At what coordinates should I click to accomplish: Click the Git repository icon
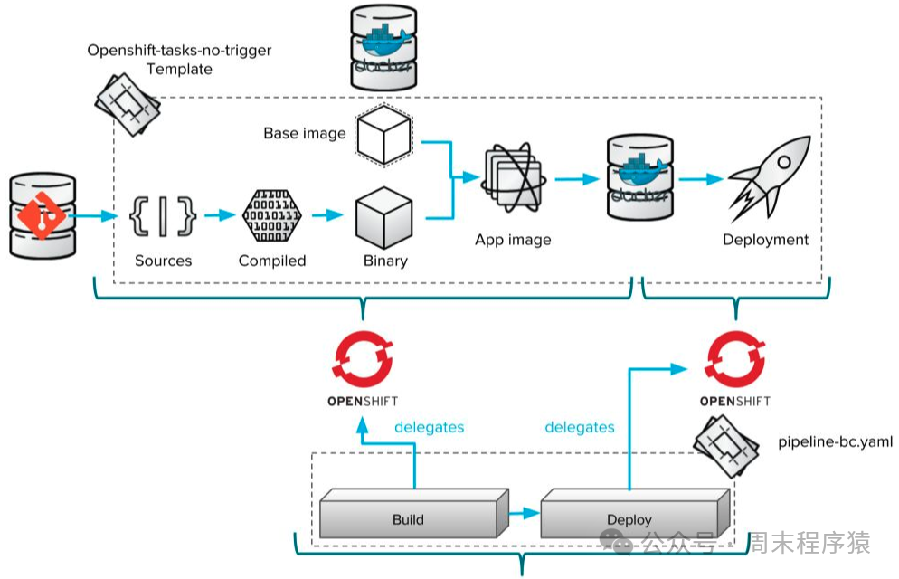coord(41,215)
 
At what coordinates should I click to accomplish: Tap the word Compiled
coord(272,261)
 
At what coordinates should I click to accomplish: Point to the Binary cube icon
coord(384,217)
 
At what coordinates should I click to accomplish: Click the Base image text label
coord(305,133)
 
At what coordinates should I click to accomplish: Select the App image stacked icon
coord(512,179)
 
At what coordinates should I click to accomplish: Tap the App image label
coord(513,240)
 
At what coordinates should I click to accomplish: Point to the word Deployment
coord(765,240)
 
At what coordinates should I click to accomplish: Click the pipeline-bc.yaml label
coord(835,442)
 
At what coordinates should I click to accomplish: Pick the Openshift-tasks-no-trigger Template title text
coord(179,59)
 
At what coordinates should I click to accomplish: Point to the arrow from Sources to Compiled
coord(219,216)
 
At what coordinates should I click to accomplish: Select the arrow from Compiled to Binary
coord(327,216)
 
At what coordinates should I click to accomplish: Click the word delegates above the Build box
coord(429,426)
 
